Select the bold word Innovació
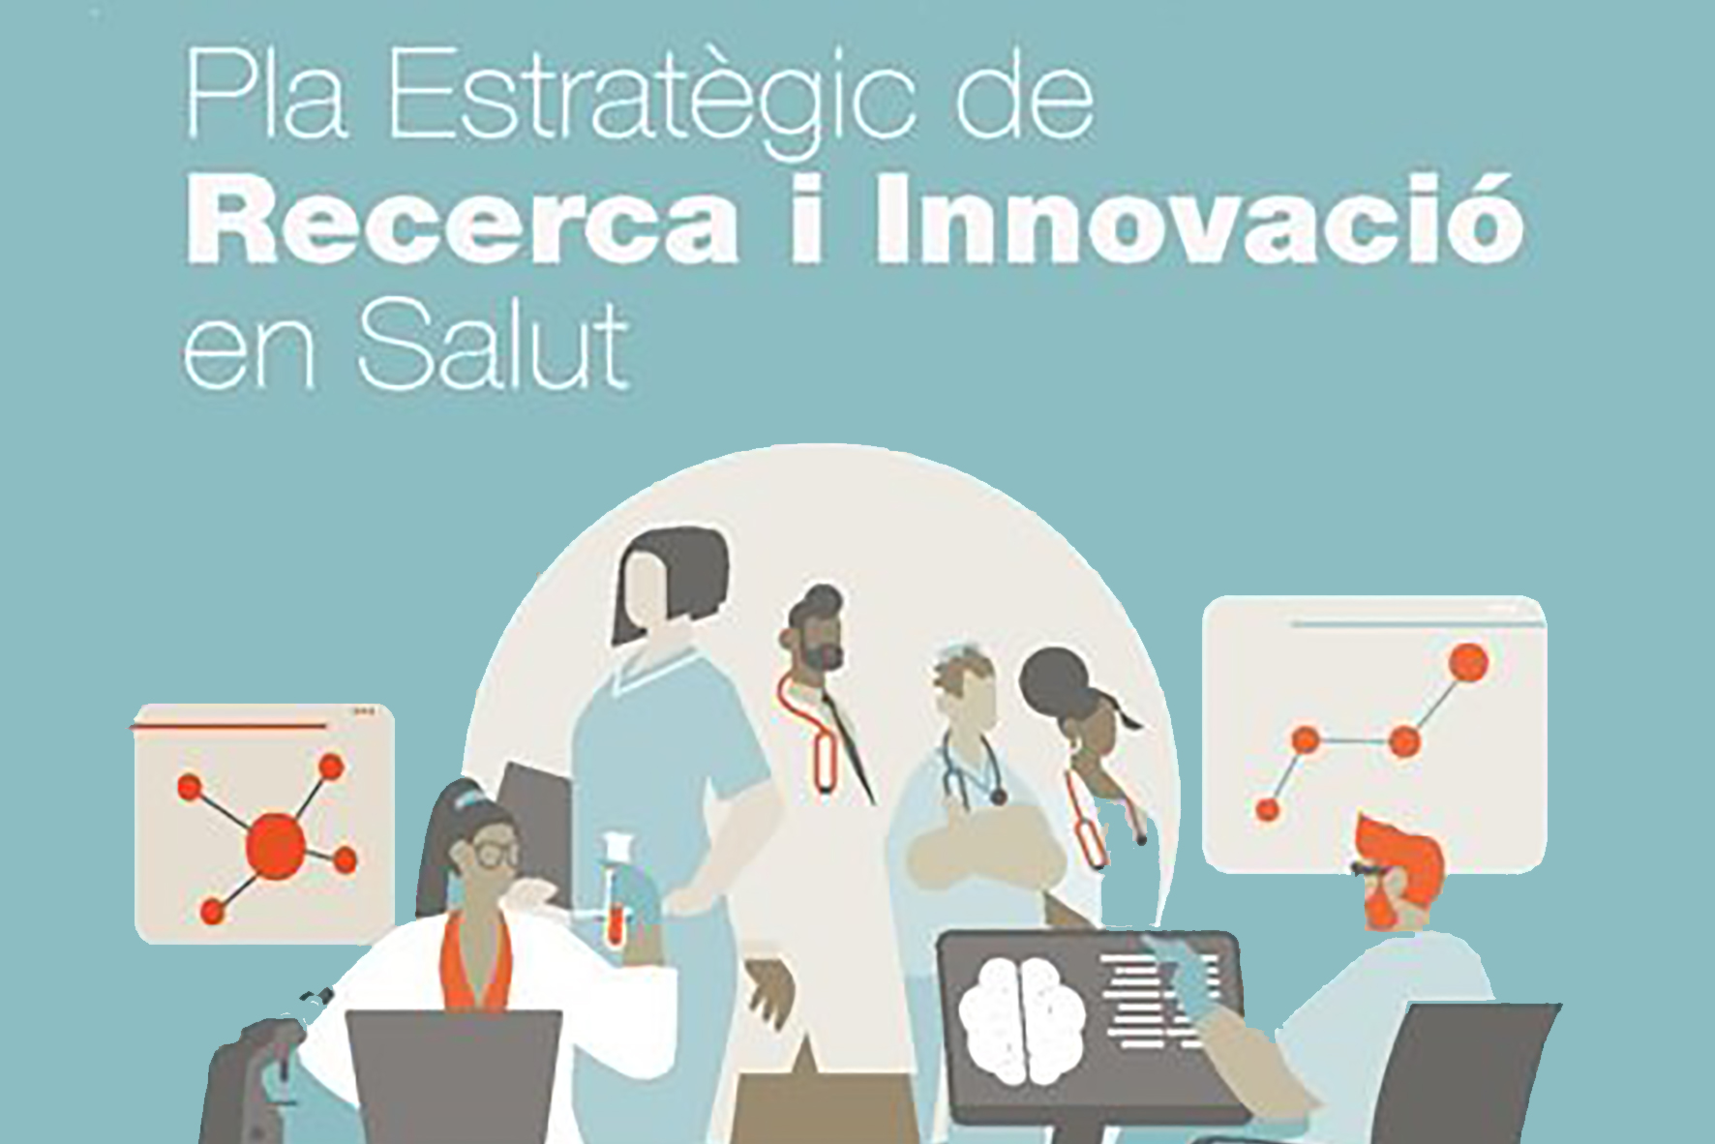[1200, 215]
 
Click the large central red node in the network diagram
[277, 845]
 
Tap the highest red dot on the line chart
[1468, 662]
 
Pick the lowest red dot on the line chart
[1267, 809]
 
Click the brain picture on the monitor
[1022, 1018]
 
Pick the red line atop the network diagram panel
[228, 726]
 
